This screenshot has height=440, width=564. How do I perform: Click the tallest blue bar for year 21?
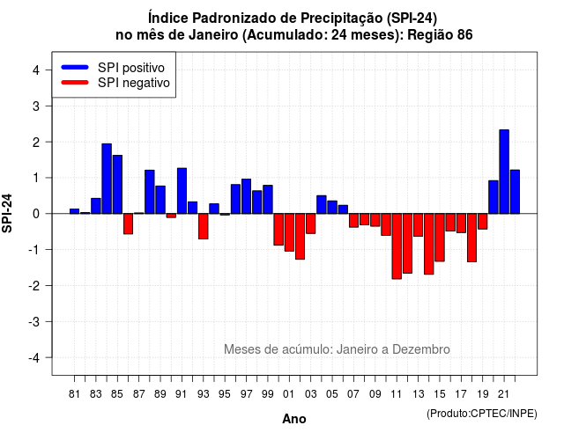(x=504, y=172)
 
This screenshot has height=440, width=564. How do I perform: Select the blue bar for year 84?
(x=107, y=179)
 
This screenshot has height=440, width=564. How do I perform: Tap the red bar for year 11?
(x=397, y=246)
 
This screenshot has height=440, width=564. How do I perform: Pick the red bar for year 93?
(x=204, y=226)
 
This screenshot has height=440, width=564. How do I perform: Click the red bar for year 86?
(x=128, y=224)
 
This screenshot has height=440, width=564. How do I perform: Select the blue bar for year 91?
(x=182, y=191)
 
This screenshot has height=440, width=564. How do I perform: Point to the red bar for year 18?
(x=472, y=238)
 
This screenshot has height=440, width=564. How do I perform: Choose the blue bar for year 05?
(x=332, y=208)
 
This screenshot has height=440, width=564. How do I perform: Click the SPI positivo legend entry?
(x=113, y=68)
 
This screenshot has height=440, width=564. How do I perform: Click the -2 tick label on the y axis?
(x=34, y=285)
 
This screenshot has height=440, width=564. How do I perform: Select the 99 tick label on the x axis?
(x=268, y=394)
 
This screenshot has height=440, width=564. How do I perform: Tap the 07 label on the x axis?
(x=353, y=394)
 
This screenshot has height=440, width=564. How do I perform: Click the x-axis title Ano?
(x=294, y=419)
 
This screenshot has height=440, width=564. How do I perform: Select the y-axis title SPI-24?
(x=7, y=213)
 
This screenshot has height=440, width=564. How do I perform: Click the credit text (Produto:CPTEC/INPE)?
(x=482, y=414)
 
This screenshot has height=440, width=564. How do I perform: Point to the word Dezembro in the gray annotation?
(x=420, y=349)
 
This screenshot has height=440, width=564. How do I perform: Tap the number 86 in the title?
(x=464, y=35)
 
